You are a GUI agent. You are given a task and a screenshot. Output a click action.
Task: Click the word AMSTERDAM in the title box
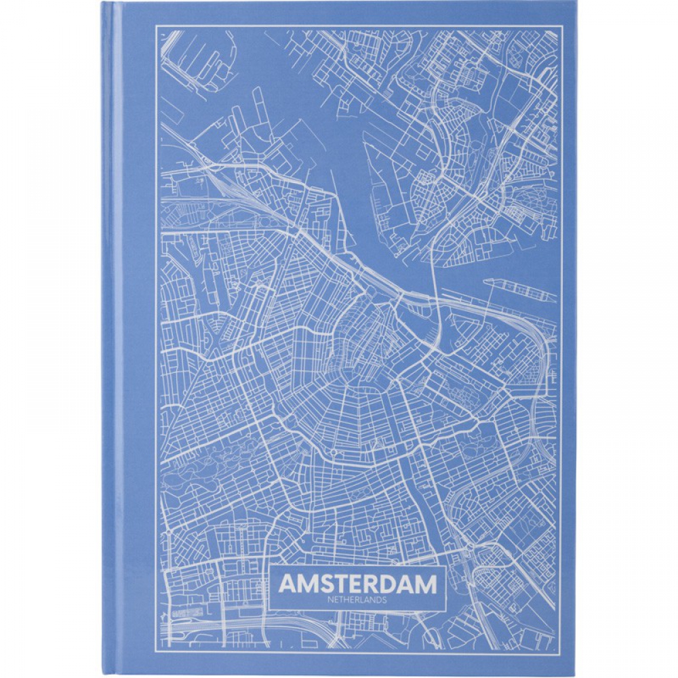click(357, 583)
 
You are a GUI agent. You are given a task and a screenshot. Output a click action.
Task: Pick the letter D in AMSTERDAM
click(392, 583)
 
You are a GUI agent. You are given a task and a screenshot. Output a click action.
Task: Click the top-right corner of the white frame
click(563, 26)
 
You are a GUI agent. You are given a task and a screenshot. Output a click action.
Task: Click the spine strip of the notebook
click(112, 339)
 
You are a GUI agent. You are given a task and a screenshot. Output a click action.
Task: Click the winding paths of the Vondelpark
click(203, 468)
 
